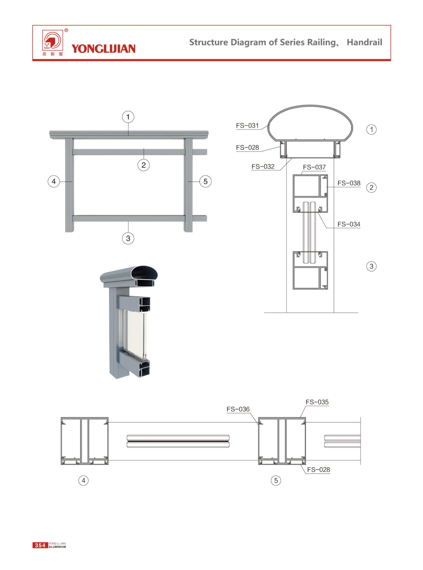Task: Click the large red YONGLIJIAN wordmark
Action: [x=103, y=49]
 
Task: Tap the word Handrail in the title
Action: [x=364, y=42]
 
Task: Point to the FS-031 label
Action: [x=247, y=125]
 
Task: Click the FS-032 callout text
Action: [x=263, y=166]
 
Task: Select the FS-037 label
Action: [x=314, y=167]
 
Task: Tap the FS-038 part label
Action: [x=349, y=183]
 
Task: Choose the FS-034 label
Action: [x=349, y=224]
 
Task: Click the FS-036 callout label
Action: [x=238, y=409]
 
